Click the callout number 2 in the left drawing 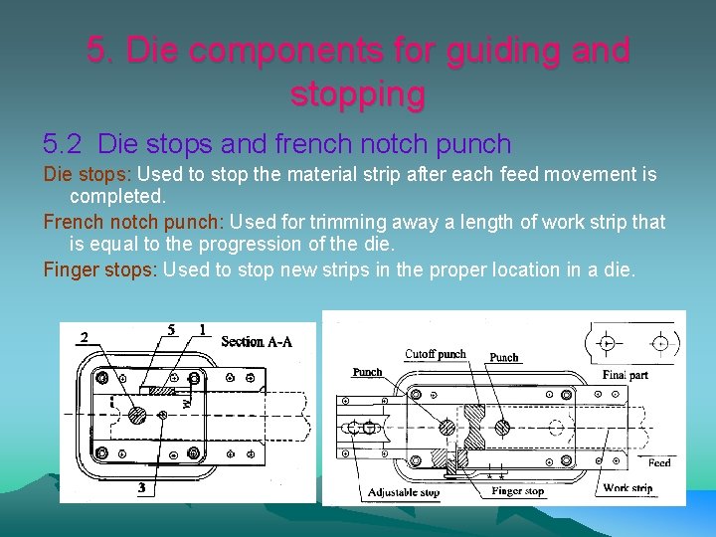85,336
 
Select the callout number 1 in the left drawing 202,329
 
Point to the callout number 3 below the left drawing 143,487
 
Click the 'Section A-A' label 257,341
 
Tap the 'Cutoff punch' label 435,354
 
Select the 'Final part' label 626,375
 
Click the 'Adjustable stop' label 404,492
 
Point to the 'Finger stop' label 518,491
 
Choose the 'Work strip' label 627,488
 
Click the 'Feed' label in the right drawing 659,462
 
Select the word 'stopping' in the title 358,93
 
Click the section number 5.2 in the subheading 66,144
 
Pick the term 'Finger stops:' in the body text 100,268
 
